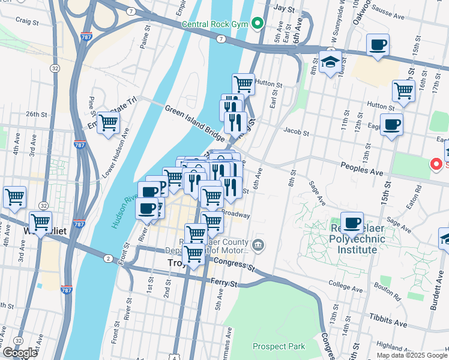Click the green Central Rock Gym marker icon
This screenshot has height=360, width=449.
258,24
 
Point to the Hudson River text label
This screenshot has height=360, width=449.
123,204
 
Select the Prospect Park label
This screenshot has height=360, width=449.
279,346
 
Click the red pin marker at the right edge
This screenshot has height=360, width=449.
437,163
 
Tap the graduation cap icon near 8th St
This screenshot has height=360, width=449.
330,62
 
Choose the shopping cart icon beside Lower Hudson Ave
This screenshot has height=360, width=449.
109,123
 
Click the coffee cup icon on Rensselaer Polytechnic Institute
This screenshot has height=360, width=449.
352,223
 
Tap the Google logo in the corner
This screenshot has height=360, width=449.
20,352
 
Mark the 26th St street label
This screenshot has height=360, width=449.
36,114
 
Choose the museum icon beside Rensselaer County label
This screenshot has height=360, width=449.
258,244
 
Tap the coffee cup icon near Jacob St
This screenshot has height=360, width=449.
391,125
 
